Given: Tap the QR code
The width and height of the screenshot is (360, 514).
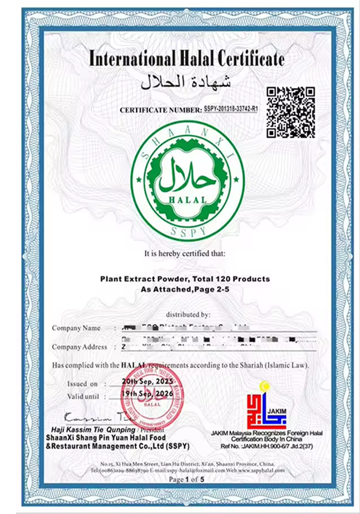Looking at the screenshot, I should (290, 112).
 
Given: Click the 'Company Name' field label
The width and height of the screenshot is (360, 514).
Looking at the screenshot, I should (76, 328).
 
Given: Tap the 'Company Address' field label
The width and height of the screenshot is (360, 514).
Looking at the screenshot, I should (80, 347).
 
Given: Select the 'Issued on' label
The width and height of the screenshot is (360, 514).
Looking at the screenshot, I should (82, 384).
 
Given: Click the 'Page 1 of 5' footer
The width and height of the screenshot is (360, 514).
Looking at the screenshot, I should (187, 480).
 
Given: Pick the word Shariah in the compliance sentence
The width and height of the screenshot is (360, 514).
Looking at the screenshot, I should (247, 365).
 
